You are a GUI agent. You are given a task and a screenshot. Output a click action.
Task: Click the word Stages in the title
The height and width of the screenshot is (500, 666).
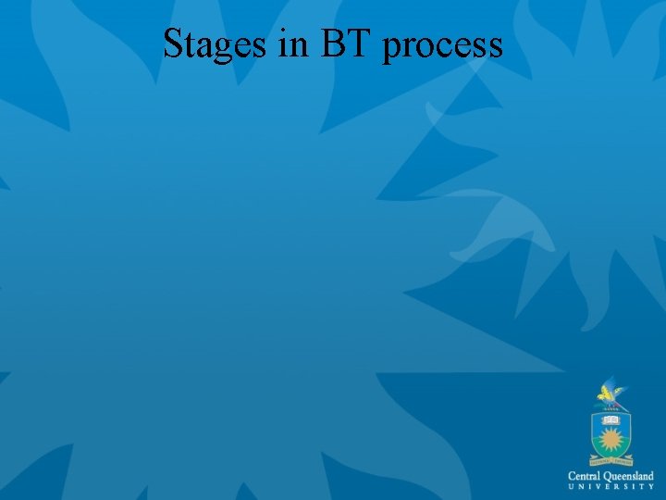216,44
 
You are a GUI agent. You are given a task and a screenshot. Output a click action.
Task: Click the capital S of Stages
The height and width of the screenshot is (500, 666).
173,43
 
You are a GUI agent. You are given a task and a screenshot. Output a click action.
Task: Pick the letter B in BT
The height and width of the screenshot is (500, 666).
333,43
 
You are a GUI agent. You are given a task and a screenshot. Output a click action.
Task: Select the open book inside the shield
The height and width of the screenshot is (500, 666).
611,419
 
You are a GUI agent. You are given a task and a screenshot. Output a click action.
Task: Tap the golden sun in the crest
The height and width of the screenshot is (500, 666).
611,440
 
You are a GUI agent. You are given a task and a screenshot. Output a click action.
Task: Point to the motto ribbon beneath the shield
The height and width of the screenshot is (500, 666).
611,460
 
